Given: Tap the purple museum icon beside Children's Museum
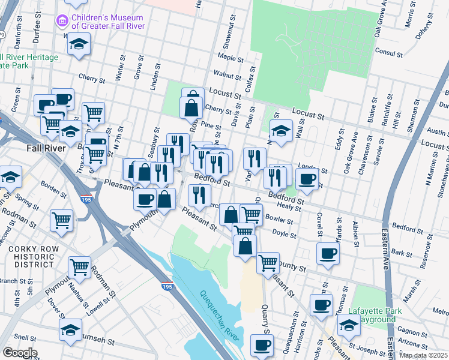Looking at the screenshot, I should [61, 22].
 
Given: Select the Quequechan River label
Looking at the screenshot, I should [217, 310].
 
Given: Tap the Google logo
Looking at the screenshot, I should [19, 353].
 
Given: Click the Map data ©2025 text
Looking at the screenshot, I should [423, 355].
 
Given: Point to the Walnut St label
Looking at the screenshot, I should [228, 76].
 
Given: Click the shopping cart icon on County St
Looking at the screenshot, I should [268, 262].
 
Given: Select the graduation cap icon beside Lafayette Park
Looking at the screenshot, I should [348, 326].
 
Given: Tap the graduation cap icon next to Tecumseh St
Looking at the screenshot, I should [70, 329].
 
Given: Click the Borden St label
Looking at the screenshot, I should [54, 190].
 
